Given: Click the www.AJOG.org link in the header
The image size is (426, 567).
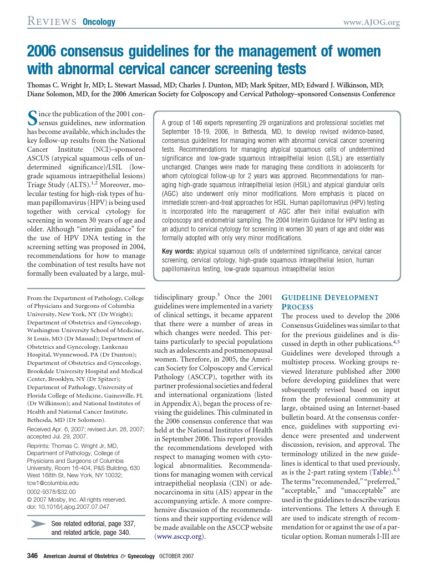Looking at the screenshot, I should (372, 22).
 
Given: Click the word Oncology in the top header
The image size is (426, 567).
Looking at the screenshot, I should (99, 22).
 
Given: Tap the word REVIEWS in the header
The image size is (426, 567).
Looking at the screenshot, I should (52, 22).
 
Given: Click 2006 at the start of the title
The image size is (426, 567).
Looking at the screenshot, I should (43, 52).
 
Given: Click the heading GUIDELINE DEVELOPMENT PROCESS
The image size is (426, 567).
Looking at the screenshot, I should (330, 301).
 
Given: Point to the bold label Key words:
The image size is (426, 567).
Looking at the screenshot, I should (178, 251).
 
